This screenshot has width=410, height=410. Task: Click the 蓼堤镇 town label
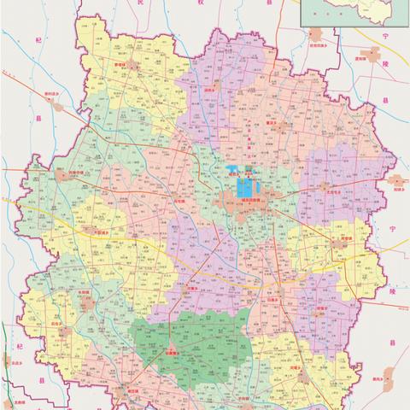point(123,61)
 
